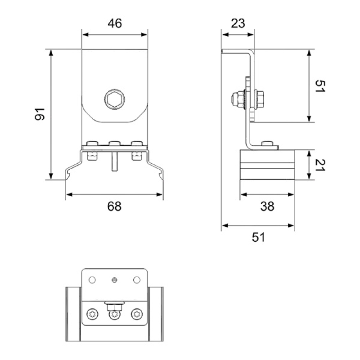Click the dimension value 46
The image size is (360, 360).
(115, 23)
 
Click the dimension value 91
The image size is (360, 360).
(40, 114)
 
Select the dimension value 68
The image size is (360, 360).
(114, 206)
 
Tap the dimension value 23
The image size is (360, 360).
(238, 23)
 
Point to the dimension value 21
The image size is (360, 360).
(320, 165)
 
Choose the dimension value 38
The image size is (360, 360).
(267, 206)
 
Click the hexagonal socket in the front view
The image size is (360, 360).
(115, 99)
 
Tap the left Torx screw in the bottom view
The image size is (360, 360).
(92, 314)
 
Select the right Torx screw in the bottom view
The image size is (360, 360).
(137, 314)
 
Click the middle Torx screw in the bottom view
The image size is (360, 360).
(115, 314)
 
